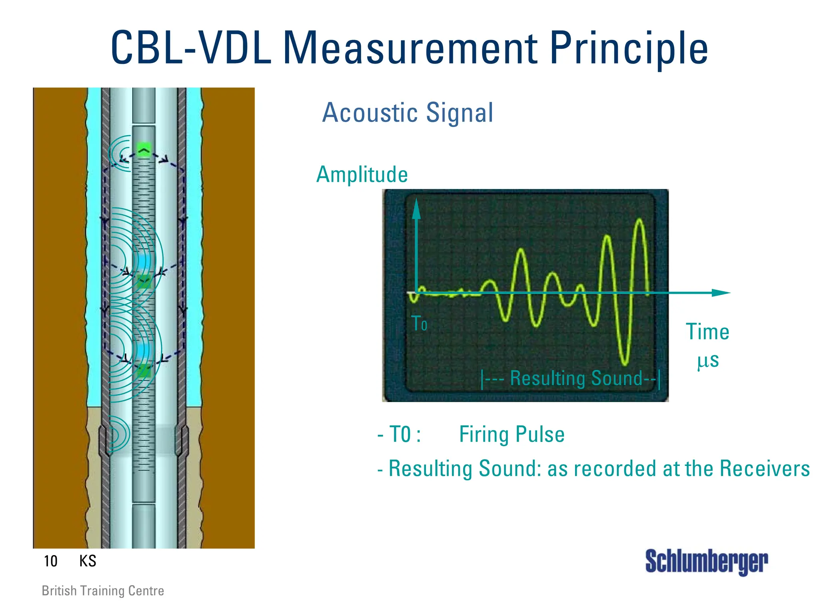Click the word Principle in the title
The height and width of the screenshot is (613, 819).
(629, 49)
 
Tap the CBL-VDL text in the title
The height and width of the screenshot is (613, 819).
(191, 49)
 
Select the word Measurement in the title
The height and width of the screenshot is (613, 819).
(410, 49)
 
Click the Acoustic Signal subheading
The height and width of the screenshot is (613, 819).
(408, 113)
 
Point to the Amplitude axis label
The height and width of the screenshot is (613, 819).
(362, 175)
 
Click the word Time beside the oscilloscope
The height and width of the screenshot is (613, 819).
(707, 332)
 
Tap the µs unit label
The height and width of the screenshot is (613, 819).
(708, 360)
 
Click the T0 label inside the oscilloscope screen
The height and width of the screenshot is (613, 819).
(419, 323)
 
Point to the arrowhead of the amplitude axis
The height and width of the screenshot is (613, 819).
(417, 208)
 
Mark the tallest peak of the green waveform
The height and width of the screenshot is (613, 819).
(640, 220)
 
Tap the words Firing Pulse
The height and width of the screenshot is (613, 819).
(511, 434)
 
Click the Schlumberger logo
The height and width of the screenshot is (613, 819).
(706, 561)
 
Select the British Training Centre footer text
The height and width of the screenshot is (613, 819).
(103, 591)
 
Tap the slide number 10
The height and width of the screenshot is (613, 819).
(51, 561)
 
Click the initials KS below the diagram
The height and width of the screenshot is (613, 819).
(88, 561)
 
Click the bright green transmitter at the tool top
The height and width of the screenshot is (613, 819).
(144, 150)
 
